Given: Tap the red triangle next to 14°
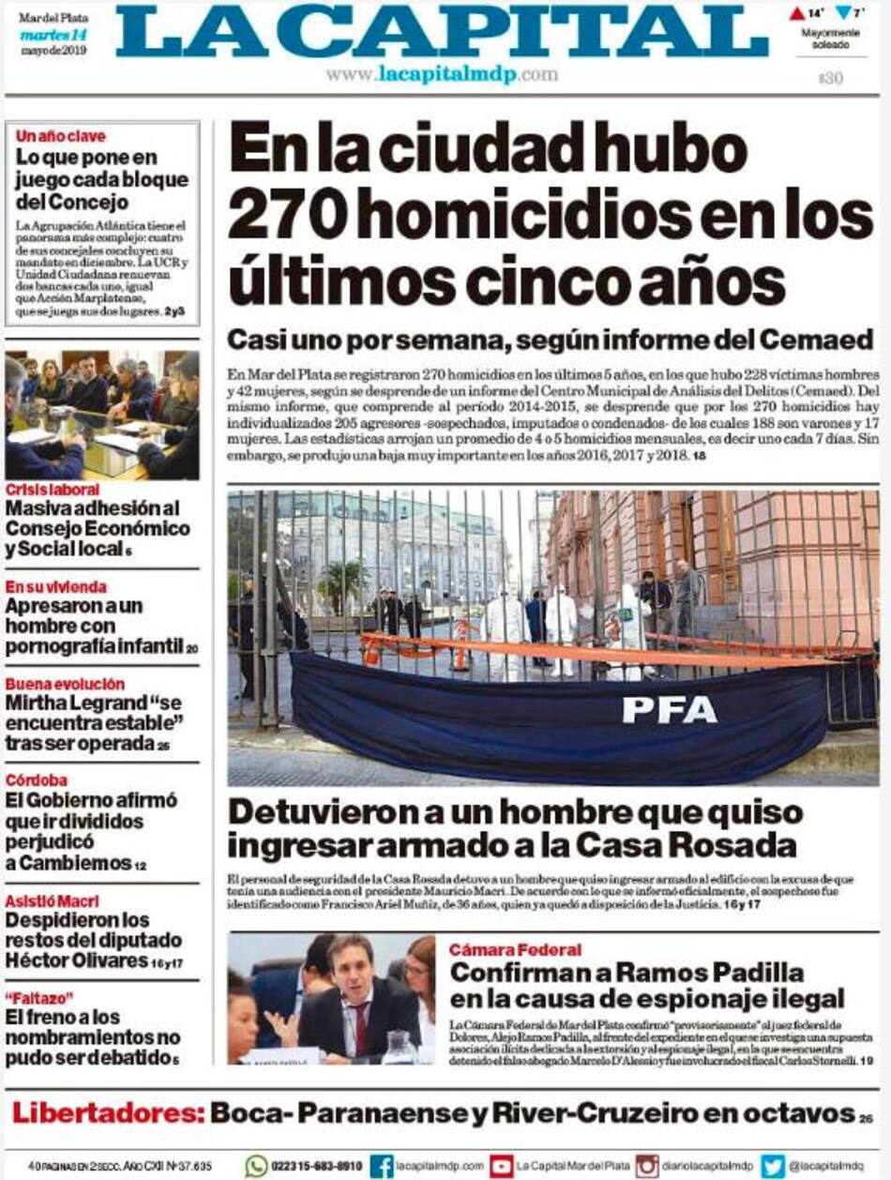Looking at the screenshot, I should click(x=796, y=13).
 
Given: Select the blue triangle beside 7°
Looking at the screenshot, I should click(x=843, y=13).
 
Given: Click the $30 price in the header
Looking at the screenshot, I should click(x=830, y=79).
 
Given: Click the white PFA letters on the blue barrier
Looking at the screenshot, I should click(x=670, y=708).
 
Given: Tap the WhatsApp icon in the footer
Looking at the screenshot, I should click(x=256, y=1166).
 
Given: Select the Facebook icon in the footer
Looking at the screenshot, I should click(x=382, y=1166).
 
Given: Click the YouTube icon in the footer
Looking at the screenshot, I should click(x=502, y=1166).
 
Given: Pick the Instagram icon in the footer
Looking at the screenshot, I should click(x=647, y=1166).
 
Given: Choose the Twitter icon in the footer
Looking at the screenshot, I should click(x=773, y=1166).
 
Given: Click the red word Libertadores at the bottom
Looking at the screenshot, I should click(x=107, y=1113).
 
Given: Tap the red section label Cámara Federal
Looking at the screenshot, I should click(x=514, y=949).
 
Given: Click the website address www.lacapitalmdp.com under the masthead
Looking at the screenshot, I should click(x=442, y=75).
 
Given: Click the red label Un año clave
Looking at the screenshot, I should click(x=60, y=136).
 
